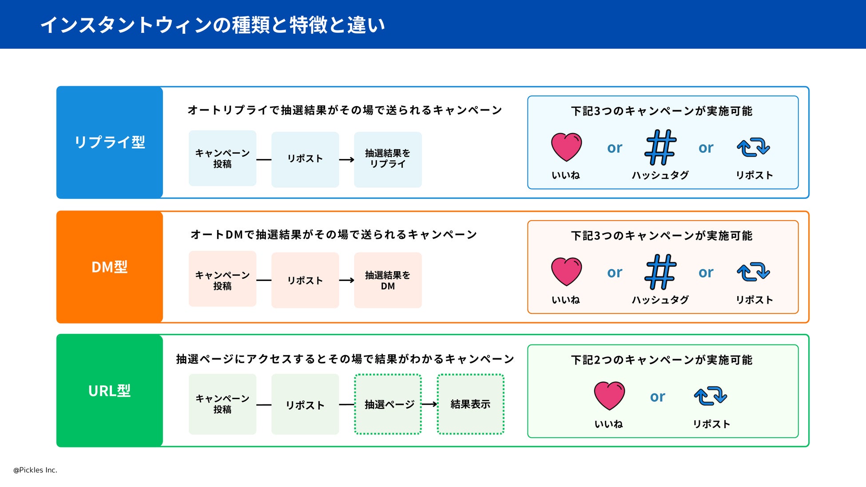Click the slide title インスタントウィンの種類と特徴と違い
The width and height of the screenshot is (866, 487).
[213, 25]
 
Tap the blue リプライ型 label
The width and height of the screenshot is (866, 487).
[110, 142]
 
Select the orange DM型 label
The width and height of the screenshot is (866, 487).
[110, 267]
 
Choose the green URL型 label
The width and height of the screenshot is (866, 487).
[110, 391]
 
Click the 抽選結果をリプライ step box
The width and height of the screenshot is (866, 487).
[388, 159]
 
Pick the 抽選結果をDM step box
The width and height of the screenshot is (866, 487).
[388, 280]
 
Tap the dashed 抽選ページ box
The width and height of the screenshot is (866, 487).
[388, 404]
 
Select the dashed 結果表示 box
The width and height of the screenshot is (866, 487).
[470, 404]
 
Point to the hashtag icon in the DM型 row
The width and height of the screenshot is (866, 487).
[660, 272]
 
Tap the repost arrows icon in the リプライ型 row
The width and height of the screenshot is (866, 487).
[753, 147]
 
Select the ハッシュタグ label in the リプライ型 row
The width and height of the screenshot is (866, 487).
[660, 175]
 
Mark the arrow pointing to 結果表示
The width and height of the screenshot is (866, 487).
[429, 404]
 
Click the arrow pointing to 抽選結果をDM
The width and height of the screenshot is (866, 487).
[346, 280]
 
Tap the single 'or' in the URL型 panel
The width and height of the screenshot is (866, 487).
[658, 396]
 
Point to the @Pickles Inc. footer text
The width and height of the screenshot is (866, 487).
[35, 470]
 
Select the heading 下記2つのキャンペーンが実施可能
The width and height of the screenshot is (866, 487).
[662, 360]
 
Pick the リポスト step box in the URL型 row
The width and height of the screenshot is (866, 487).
[305, 404]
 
